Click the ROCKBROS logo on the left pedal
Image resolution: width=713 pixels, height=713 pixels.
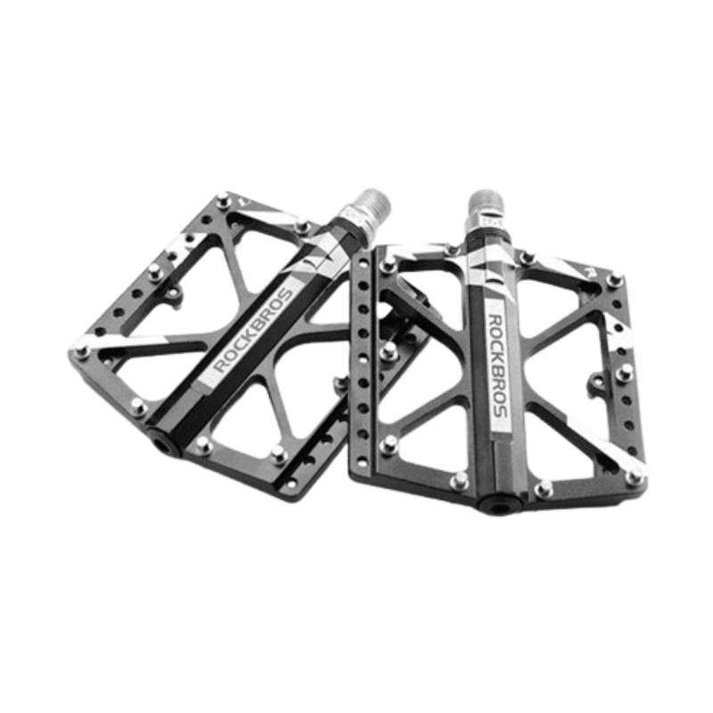tap(253, 331)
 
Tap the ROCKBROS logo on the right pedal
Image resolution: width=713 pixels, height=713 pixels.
tap(499, 365)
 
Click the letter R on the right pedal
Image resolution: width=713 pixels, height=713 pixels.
tap(590, 273)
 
